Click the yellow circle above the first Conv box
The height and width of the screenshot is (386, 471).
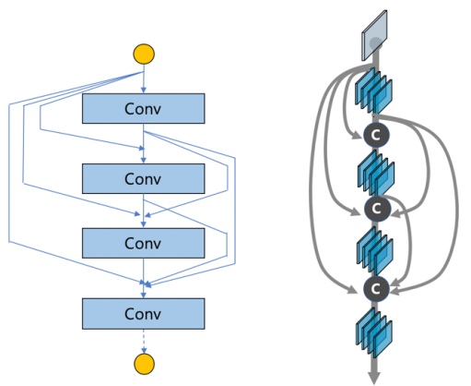(144, 54)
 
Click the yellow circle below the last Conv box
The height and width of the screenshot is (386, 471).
(144, 364)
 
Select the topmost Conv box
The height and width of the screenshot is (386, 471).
(143, 108)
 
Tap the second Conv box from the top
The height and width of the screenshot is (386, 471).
(143, 178)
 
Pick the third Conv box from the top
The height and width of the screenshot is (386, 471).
(143, 243)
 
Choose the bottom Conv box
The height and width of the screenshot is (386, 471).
(143, 314)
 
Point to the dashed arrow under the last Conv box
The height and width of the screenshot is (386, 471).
(144, 342)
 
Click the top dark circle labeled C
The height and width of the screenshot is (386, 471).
(376, 135)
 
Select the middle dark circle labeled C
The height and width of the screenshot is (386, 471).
(377, 209)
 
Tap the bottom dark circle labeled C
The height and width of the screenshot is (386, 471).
(376, 289)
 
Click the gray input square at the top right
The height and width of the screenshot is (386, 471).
(374, 35)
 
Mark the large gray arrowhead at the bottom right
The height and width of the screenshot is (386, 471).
(374, 378)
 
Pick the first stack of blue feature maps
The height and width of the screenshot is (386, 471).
(373, 90)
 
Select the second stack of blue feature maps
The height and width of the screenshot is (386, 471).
(376, 173)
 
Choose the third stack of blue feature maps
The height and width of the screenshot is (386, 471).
(375, 250)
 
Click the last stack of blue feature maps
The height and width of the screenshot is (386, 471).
(374, 332)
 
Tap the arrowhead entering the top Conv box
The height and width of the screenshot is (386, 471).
(144, 90)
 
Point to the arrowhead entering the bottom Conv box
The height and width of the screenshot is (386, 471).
(144, 295)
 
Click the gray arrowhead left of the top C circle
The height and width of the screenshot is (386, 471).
(358, 135)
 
